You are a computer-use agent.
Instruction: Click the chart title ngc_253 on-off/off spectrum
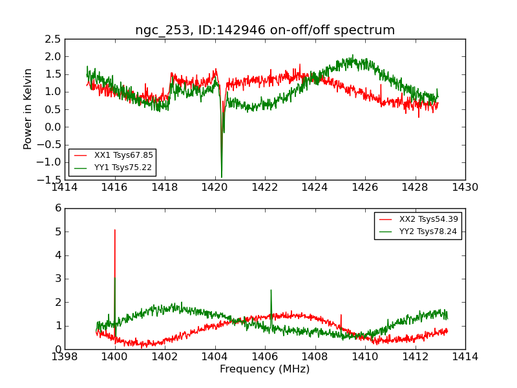(265, 30)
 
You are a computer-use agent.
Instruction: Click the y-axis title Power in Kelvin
(28, 109)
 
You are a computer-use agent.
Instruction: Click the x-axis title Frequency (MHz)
(265, 369)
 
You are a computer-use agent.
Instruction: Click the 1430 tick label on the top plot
(465, 188)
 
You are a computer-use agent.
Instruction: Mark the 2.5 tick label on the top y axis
(54, 39)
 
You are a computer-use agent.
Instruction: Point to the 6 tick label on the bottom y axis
(58, 208)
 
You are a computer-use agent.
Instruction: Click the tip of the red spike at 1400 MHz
(115, 230)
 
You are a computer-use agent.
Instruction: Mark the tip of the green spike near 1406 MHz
(271, 290)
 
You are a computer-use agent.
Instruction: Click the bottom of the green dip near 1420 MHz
(222, 177)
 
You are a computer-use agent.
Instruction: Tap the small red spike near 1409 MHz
(341, 315)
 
